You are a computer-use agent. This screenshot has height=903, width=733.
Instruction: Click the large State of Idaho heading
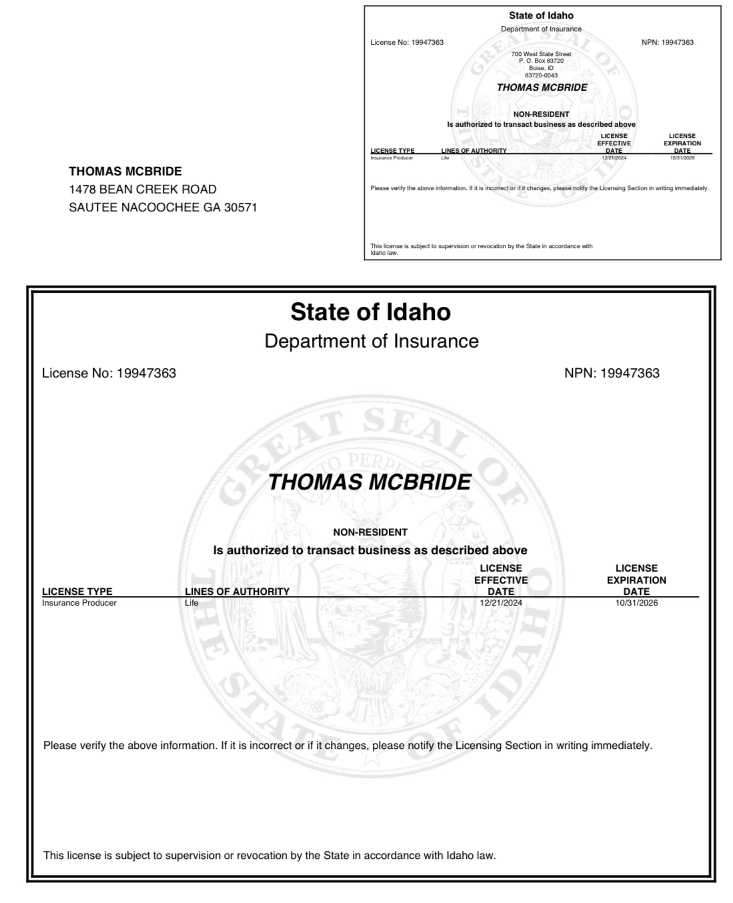[x=371, y=312]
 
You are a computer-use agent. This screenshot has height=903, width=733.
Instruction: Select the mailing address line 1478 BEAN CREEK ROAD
[x=143, y=189]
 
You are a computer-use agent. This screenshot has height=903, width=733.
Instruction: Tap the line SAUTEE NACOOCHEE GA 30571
[x=163, y=207]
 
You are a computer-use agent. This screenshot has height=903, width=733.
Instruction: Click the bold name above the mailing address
[x=125, y=171]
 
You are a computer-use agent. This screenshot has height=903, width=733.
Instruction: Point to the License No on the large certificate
[x=109, y=373]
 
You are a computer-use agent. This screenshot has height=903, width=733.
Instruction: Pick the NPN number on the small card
[x=667, y=42]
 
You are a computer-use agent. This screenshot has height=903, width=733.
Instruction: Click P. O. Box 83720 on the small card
[x=541, y=61]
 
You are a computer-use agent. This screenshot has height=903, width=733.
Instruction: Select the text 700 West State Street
[x=541, y=54]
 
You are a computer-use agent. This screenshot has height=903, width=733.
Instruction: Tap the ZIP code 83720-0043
[x=541, y=75]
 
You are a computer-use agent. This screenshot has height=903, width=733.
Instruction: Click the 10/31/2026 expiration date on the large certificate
[x=636, y=603]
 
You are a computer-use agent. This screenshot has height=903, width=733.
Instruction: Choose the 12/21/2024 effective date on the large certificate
[x=501, y=603]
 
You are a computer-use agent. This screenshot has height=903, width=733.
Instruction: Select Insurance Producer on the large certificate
[x=79, y=603]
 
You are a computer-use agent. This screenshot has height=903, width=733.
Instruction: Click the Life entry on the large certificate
[x=191, y=603]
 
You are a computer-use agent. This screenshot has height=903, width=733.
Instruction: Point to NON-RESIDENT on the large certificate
[x=370, y=532]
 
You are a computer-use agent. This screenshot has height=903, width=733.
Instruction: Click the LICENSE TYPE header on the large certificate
[x=77, y=592]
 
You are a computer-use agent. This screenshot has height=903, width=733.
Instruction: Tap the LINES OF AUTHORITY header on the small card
[x=474, y=151]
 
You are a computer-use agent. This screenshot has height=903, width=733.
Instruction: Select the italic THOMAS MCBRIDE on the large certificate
[x=370, y=482]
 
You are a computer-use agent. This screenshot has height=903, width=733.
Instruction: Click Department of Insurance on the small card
[x=541, y=29]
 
